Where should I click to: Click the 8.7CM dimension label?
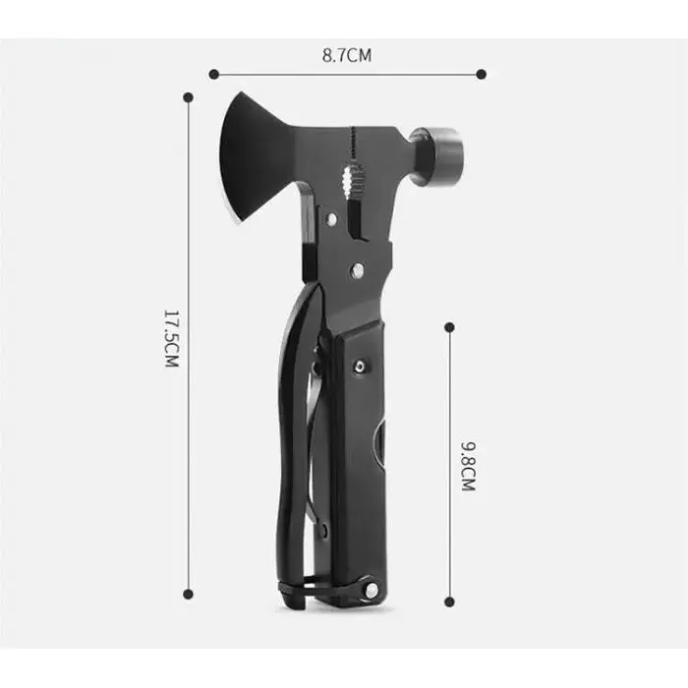[347, 56]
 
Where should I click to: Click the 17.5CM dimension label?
[172, 338]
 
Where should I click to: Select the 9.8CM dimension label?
[468, 466]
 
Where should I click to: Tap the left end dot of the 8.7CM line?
[213, 74]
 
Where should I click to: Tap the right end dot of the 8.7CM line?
[481, 74]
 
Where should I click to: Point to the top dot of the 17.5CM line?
[189, 97]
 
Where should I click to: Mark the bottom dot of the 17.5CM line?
[188, 594]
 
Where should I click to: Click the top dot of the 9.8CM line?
[449, 327]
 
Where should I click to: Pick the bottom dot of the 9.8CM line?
[449, 602]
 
